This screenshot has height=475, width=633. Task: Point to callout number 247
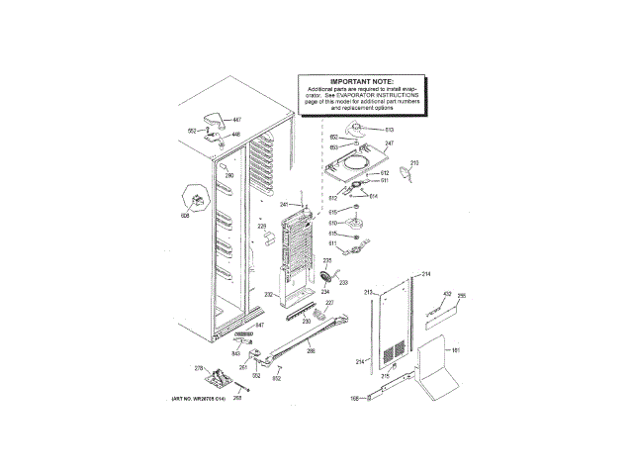coord(389,144)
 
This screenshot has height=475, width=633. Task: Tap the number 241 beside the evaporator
coord(283,205)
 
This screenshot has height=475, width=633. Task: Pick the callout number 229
coord(263,227)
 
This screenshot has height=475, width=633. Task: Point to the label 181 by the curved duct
coord(456,350)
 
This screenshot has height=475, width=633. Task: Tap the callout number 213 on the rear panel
coord(367,293)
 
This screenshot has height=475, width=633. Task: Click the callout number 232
coord(268,294)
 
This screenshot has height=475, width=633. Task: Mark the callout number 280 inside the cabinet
coord(229,176)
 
